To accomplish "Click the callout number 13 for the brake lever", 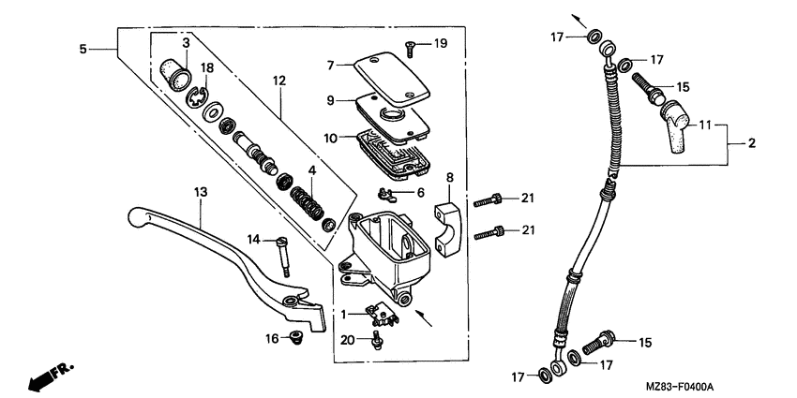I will [x=199, y=192].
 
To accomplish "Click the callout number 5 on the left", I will [x=83, y=48].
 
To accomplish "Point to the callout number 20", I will [x=346, y=339].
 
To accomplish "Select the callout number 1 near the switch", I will [x=344, y=313].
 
